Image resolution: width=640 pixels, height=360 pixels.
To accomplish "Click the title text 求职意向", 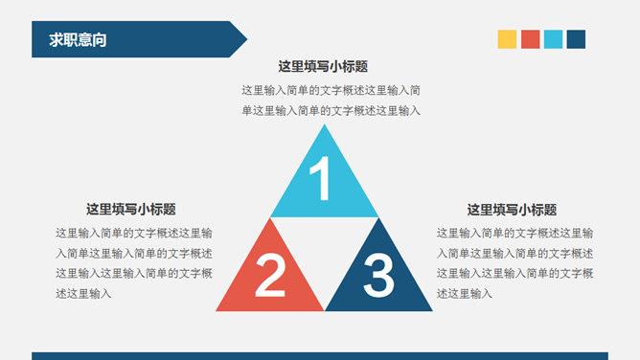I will [78, 39].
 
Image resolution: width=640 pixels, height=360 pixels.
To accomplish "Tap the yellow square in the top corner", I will [507, 39].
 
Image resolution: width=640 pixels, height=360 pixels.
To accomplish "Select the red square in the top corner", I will [530, 39].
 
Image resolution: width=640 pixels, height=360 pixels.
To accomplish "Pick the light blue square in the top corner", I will [553, 39].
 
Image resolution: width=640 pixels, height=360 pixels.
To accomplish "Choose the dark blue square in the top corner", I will [576, 39].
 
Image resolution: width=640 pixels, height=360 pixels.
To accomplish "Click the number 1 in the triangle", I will [323, 179].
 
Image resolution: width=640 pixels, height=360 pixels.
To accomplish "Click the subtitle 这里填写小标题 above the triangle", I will [323, 67].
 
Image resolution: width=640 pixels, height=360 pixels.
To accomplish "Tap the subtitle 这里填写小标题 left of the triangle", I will [130, 210].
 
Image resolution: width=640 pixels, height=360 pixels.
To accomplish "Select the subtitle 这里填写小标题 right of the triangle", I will [512, 210].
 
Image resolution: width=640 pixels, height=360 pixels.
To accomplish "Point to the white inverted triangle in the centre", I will [324, 244].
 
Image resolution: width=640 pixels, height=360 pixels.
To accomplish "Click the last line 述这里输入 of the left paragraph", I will [83, 294].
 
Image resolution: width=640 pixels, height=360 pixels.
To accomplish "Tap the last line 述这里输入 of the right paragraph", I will [465, 294].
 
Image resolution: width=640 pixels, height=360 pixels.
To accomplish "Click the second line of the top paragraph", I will [331, 111].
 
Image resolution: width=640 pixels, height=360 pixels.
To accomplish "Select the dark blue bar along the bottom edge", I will [320, 355].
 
